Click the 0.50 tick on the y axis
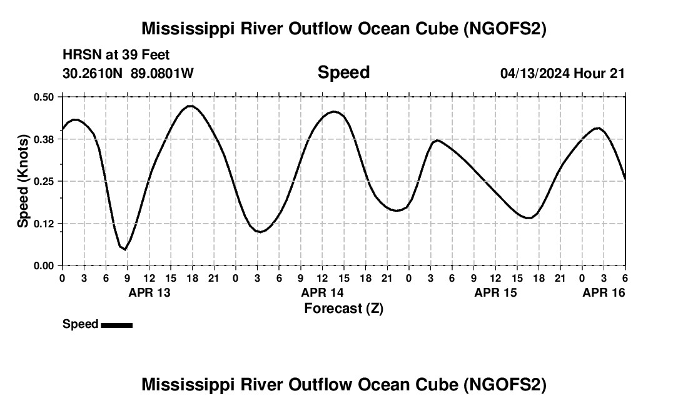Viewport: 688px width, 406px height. (44, 97)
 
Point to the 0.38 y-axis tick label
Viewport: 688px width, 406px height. (44, 139)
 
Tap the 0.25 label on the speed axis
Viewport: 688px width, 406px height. (44, 181)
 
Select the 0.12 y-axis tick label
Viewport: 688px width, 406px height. (44, 224)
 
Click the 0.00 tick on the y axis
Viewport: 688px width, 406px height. (44, 265)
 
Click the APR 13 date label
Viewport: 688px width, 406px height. (150, 292)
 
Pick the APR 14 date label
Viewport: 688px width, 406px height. (323, 292)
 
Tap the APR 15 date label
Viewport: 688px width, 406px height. (496, 292)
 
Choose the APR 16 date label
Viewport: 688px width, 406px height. (604, 292)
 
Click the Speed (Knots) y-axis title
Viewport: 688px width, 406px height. (23, 181)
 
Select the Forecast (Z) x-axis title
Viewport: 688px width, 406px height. (343, 308)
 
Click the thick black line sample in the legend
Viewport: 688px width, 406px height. (116, 325)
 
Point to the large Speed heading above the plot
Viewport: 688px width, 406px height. (343, 72)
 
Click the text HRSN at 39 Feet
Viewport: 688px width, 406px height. (116, 56)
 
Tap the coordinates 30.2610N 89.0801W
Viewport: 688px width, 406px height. (128, 73)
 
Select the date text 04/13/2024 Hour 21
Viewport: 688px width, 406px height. (562, 73)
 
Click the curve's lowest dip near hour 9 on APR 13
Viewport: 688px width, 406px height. (125, 249)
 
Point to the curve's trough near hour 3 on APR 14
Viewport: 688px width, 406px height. (261, 232)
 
